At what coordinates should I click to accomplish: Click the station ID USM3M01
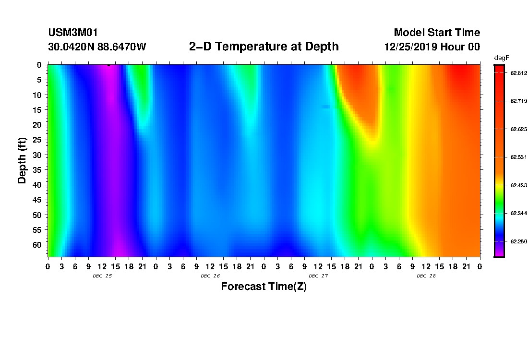[73, 33]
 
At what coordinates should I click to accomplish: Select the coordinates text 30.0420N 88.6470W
[97, 47]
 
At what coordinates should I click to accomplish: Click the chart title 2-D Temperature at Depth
[264, 47]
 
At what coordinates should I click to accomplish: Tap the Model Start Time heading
[437, 33]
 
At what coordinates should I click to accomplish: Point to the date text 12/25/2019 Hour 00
[432, 47]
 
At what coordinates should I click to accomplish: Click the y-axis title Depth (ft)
[22, 159]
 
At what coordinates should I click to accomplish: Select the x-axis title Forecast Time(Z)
[264, 287]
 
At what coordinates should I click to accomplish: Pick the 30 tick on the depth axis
[39, 155]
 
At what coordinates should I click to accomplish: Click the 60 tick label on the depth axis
[39, 245]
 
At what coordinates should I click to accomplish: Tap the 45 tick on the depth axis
[39, 200]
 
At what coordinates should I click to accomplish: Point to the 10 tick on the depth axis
[39, 95]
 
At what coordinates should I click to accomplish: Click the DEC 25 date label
[102, 276]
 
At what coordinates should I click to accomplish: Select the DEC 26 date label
[210, 276]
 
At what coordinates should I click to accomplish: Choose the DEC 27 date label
[318, 276]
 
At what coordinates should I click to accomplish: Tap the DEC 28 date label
[426, 276]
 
